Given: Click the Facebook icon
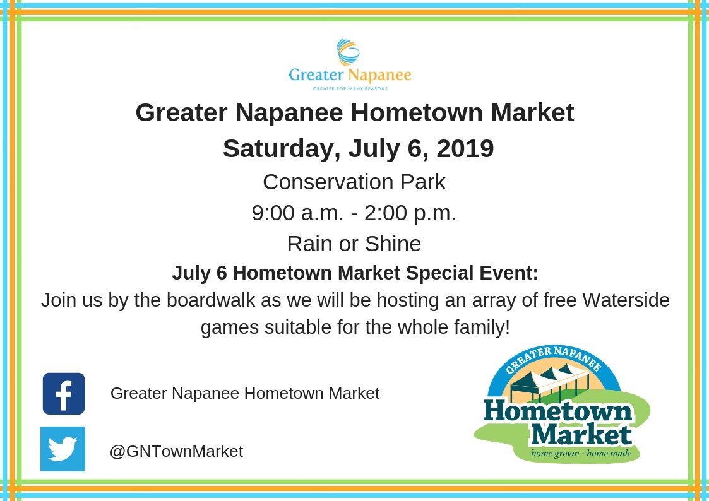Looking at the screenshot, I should [64, 394].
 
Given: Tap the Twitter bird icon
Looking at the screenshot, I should [63, 449].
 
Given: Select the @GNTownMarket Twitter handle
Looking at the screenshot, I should [176, 452].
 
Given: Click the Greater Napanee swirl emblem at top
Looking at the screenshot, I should [349, 52].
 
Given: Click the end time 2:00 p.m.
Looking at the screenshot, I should [419, 213].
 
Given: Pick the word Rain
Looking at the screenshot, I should [310, 243].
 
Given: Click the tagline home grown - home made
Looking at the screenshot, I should [581, 453].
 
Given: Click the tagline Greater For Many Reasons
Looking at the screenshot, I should [350, 89].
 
